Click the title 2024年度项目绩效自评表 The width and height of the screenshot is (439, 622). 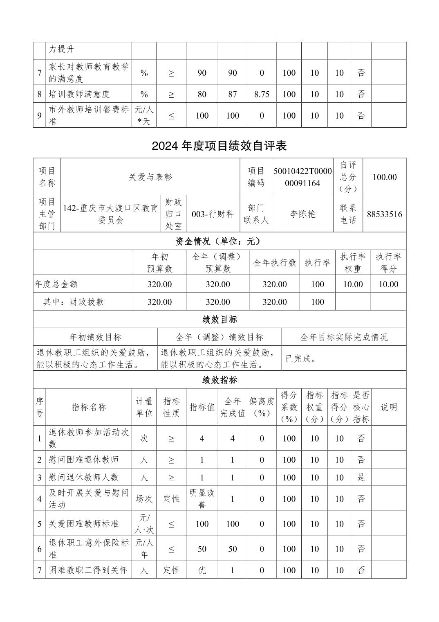pyautogui.click(x=219, y=146)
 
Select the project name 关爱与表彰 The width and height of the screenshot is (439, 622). pyautogui.click(x=150, y=177)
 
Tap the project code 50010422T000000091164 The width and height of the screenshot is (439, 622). pyautogui.click(x=302, y=177)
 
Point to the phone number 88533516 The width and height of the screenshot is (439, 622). pyautogui.click(x=384, y=214)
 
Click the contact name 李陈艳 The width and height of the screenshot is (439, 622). pyautogui.click(x=302, y=214)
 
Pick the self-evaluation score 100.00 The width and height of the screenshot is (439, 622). pyautogui.click(x=384, y=177)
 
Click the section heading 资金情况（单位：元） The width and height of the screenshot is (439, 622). pyautogui.click(x=219, y=241)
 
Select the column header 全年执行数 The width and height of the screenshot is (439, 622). pyautogui.click(x=274, y=263)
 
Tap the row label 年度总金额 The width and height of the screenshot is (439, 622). pyautogui.click(x=56, y=284)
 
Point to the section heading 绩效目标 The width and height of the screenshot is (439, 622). pyautogui.click(x=219, y=319)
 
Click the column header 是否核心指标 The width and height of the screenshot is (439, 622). pyautogui.click(x=361, y=407)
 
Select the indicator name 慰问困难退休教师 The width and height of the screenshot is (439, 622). pyautogui.click(x=84, y=460)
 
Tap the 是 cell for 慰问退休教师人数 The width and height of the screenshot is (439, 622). pyautogui.click(x=361, y=478)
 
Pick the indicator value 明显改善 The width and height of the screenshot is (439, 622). pyautogui.click(x=202, y=499)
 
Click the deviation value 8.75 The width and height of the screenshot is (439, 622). pyautogui.click(x=262, y=94)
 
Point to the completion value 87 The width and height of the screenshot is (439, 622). pyautogui.click(x=232, y=94)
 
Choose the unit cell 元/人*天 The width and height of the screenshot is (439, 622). pyautogui.click(x=144, y=115)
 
